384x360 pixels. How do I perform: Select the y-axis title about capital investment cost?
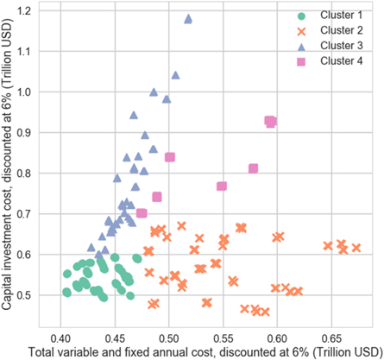point(10,164)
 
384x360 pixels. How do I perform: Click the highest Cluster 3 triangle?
point(189,18)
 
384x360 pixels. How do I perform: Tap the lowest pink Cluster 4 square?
point(142,213)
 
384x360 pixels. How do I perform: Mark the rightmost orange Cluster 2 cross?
point(356,248)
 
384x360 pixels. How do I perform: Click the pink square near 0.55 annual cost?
point(222,186)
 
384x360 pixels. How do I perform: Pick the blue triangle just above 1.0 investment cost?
point(175,75)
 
